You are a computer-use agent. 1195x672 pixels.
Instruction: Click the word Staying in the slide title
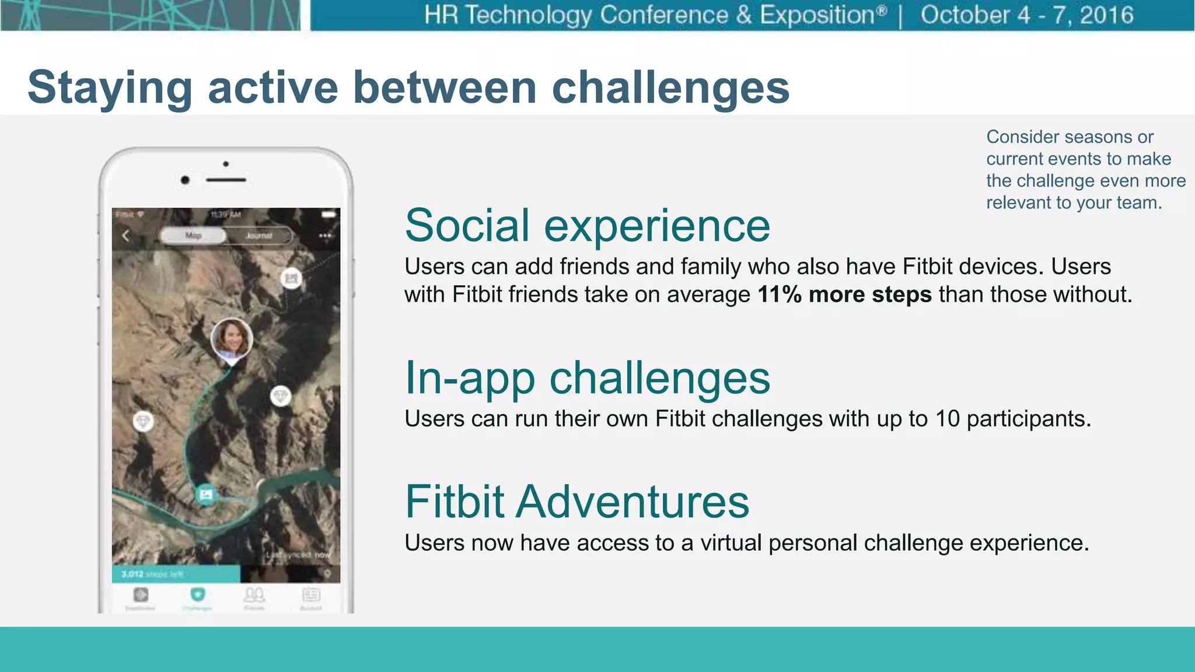point(110,87)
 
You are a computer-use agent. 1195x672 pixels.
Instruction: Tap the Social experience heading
point(587,225)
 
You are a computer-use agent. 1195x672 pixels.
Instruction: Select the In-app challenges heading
point(587,378)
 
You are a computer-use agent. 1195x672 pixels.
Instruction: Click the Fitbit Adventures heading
point(576,502)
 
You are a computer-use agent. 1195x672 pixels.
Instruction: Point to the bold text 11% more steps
point(844,295)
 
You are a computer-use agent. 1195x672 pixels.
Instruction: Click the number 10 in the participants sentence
point(947,419)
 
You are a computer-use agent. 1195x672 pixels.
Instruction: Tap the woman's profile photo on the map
point(232,339)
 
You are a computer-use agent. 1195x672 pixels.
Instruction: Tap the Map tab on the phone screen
point(193,236)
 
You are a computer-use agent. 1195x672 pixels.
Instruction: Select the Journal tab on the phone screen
point(258,236)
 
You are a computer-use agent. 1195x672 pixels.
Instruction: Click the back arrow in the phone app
point(125,236)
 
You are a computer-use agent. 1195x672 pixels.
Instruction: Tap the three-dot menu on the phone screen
point(325,236)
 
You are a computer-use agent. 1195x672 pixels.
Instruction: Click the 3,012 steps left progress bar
point(175,574)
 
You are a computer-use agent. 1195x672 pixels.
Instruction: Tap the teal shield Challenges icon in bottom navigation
point(197,595)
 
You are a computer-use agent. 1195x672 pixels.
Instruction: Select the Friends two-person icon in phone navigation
point(254,595)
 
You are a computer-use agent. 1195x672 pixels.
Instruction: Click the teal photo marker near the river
point(205,495)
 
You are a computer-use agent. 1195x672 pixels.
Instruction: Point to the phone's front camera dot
point(185,180)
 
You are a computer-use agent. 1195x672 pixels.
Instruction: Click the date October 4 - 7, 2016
point(1026,15)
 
